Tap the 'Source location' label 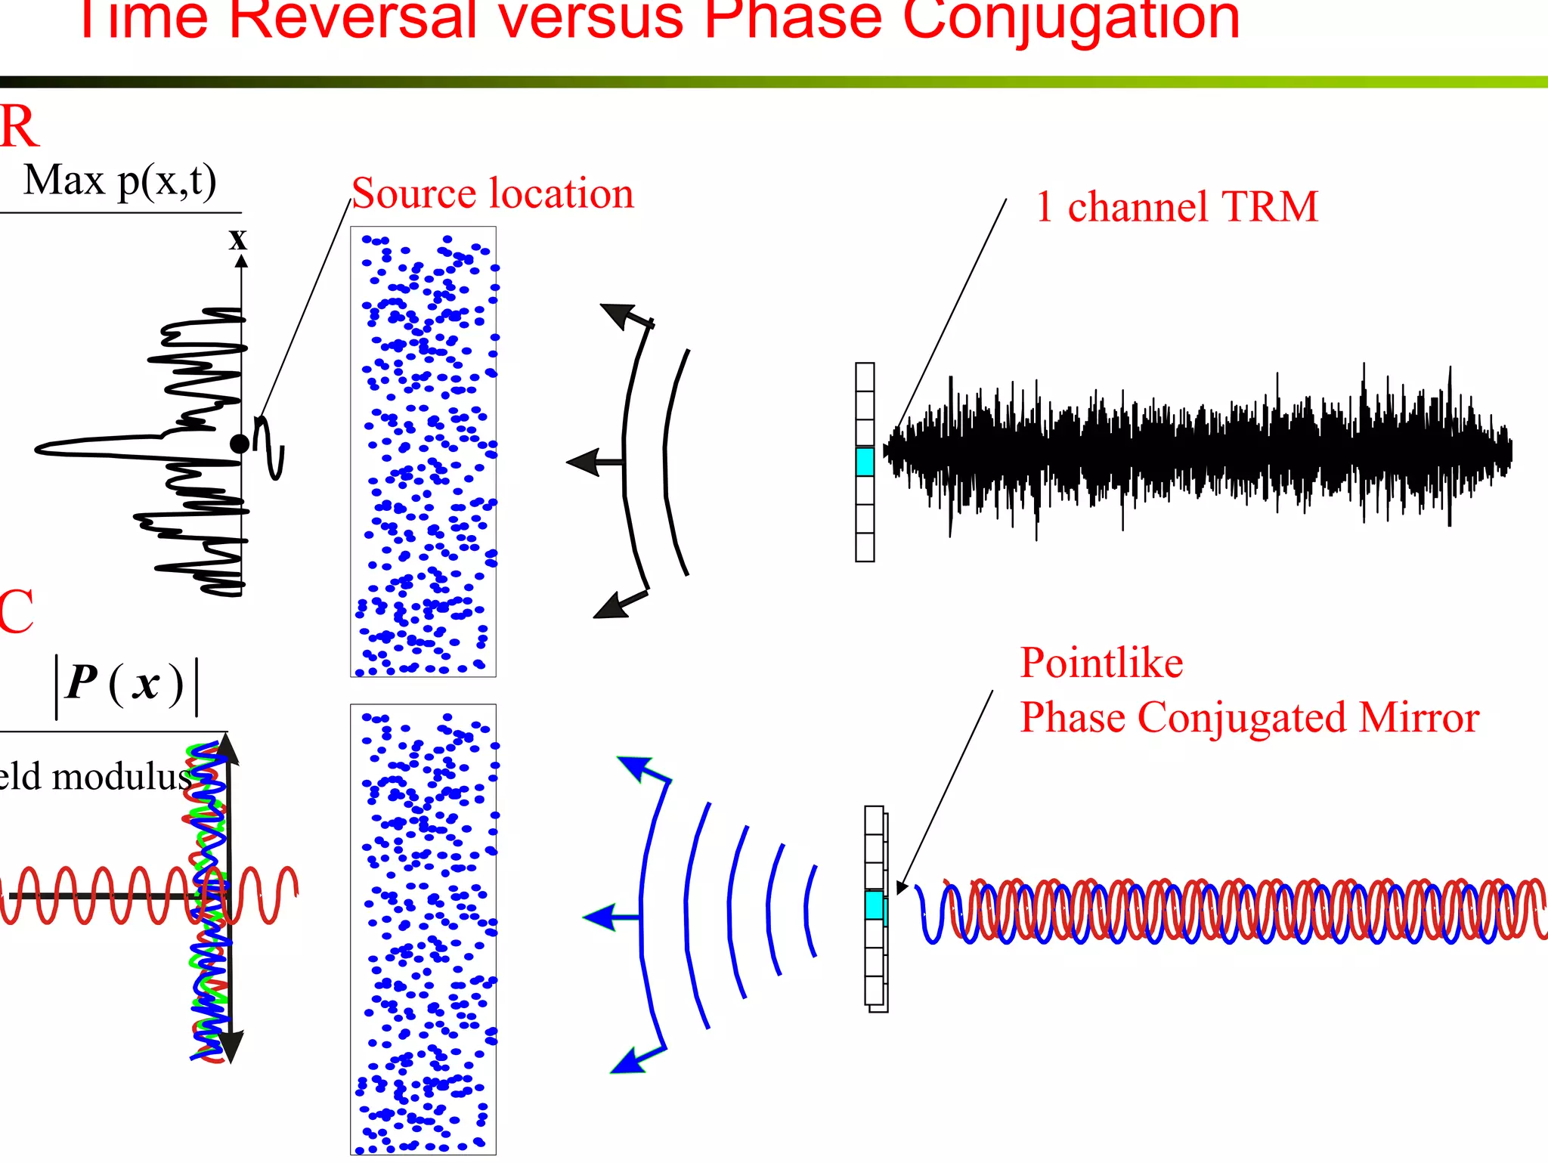coord(492,193)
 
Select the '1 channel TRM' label coord(1177,206)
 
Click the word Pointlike coord(1101,663)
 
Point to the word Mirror coord(1418,717)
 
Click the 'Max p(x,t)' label coord(120,181)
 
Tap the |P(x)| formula coord(125,684)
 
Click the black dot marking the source coord(240,444)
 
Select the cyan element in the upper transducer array coord(865,461)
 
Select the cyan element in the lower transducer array coord(875,905)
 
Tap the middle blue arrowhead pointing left coord(600,917)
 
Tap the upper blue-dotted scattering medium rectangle coord(423,452)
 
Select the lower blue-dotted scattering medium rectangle coord(423,929)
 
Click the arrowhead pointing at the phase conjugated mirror coord(902,888)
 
